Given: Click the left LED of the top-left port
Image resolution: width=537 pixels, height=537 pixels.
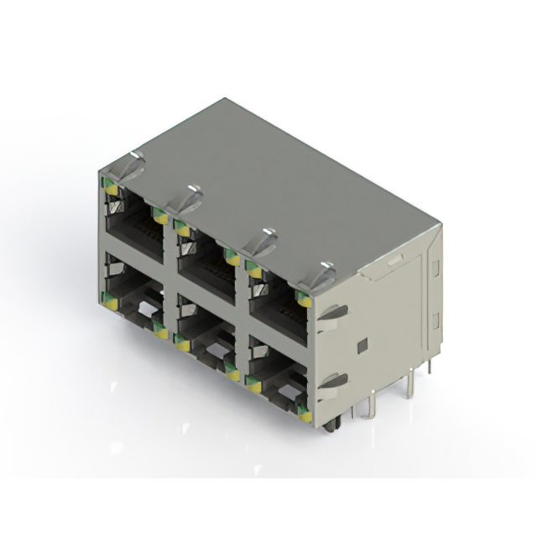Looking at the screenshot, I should click(110, 189).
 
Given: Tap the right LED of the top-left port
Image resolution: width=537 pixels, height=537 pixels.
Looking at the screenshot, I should click(159, 216).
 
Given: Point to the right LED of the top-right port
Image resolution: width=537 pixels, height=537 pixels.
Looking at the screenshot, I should click(304, 300).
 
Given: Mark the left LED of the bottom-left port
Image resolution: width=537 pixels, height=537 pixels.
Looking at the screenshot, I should click(109, 300).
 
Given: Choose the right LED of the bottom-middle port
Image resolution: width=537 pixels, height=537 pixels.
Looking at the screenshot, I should click(232, 373).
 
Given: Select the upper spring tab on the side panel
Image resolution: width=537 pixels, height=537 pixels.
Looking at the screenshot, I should click(333, 313).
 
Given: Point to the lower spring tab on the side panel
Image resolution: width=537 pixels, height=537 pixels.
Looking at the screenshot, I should click(333, 381).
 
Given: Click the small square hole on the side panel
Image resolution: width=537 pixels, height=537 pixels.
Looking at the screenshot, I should click(362, 345).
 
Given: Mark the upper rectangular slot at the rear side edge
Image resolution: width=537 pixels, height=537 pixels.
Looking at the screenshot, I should click(435, 268).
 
